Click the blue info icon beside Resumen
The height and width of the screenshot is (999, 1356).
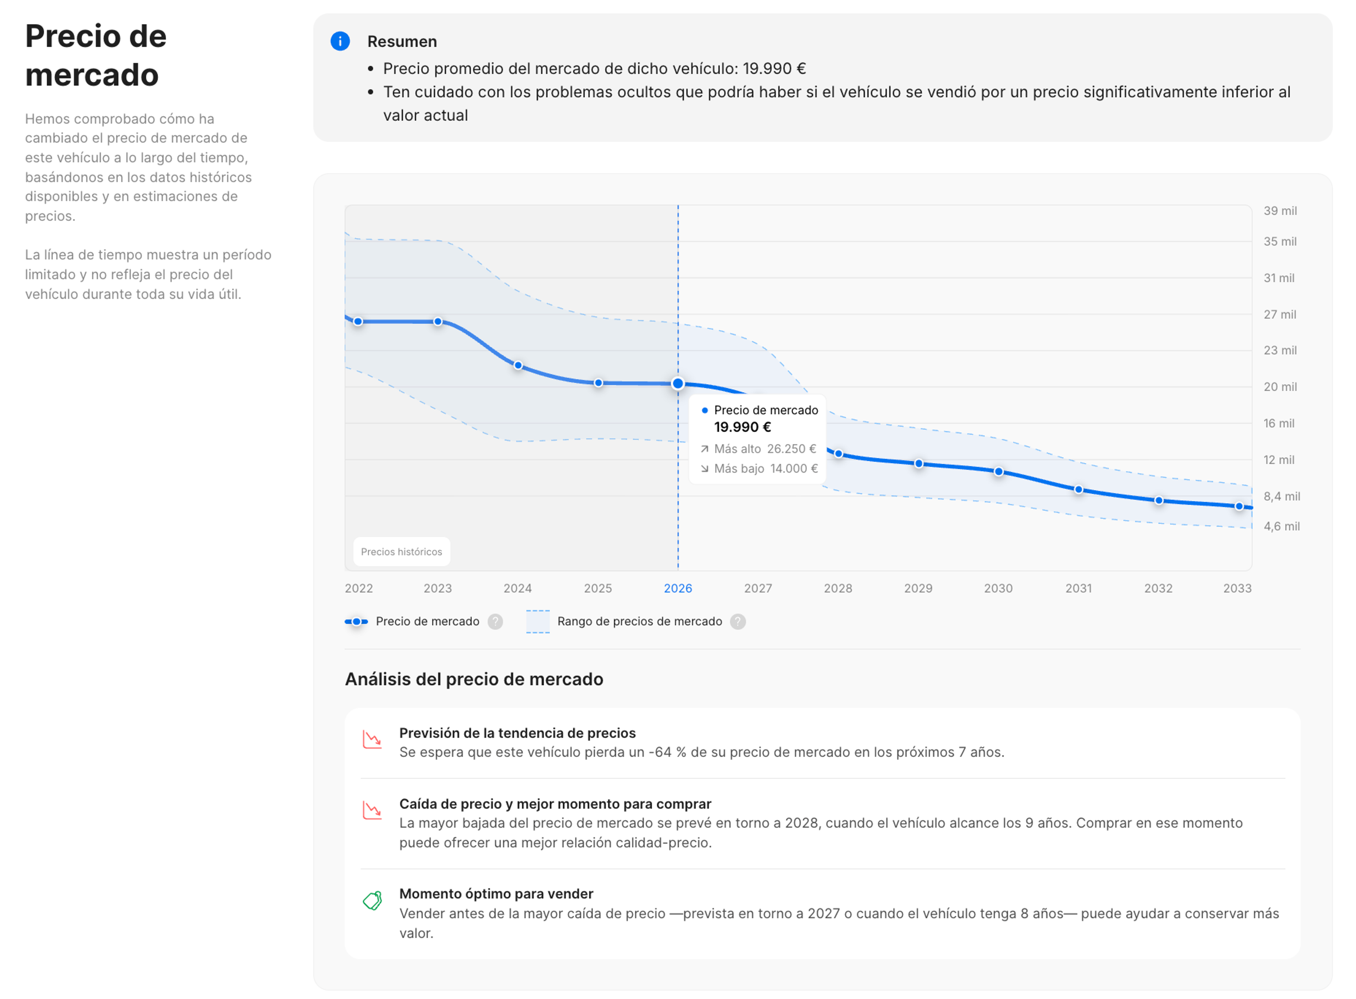pyautogui.click(x=340, y=41)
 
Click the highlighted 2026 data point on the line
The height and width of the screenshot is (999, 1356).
pyautogui.click(x=678, y=383)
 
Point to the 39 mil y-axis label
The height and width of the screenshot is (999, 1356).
pyautogui.click(x=1280, y=211)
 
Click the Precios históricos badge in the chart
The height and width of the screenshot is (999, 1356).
pyautogui.click(x=401, y=552)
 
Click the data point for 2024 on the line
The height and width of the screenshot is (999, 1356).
pyautogui.click(x=518, y=365)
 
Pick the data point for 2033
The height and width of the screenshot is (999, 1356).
pyautogui.click(x=1239, y=506)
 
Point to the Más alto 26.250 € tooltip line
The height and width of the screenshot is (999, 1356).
pyautogui.click(x=759, y=449)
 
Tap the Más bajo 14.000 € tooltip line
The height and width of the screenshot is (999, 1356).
pyautogui.click(x=759, y=469)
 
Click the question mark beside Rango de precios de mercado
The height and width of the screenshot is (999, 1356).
pyautogui.click(x=738, y=622)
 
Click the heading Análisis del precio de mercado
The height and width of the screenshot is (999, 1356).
pyautogui.click(x=474, y=680)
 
